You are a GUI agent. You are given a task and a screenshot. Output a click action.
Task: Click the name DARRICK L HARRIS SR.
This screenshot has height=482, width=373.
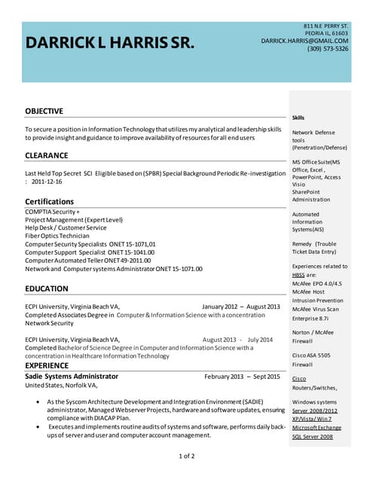pyautogui.click(x=110, y=43)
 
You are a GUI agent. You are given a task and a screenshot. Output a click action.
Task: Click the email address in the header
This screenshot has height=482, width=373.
pyautogui.click(x=304, y=41)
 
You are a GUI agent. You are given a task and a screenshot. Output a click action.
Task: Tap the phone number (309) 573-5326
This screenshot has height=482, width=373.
pyautogui.click(x=328, y=49)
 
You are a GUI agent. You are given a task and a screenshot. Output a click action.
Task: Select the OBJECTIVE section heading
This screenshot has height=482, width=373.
pyautogui.click(x=44, y=111)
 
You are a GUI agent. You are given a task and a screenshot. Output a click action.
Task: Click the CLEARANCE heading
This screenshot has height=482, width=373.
pyautogui.click(x=46, y=155)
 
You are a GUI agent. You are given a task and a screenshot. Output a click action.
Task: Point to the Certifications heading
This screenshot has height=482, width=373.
pyautogui.click(x=49, y=202)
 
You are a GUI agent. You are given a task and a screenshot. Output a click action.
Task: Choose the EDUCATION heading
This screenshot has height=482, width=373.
pyautogui.click(x=46, y=288)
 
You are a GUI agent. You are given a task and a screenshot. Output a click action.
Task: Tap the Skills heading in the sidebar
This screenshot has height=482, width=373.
pyautogui.click(x=298, y=117)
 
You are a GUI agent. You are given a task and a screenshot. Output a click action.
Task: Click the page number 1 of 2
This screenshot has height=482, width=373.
pyautogui.click(x=186, y=456)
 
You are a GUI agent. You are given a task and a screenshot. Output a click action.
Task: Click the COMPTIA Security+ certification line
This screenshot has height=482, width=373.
pyautogui.click(x=52, y=212)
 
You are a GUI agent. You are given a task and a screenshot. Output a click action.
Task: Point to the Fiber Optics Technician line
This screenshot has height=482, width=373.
pyautogui.click(x=57, y=236)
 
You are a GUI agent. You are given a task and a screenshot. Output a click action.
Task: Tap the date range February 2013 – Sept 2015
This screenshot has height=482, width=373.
pyautogui.click(x=241, y=376)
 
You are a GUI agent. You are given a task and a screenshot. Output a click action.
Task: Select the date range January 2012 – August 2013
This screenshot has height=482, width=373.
pyautogui.click(x=240, y=307)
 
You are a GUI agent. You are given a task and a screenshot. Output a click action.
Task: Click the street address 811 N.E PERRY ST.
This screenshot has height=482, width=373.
pyautogui.click(x=326, y=26)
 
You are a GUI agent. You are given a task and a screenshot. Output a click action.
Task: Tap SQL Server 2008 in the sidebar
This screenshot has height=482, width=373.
pyautogui.click(x=313, y=436)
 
